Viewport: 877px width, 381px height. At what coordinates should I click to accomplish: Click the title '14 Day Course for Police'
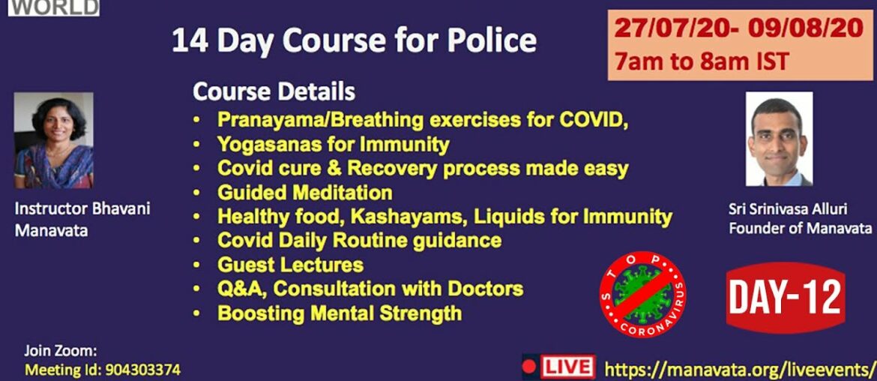click(x=354, y=40)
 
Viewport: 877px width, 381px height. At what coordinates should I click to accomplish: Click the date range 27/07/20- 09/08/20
click(x=739, y=28)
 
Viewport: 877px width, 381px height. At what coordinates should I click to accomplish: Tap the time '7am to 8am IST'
click(x=701, y=61)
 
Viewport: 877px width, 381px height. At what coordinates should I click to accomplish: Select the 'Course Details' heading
click(x=274, y=92)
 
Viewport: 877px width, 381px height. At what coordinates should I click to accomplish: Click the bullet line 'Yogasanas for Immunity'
click(x=333, y=143)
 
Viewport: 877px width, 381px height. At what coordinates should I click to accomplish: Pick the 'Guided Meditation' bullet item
click(x=304, y=193)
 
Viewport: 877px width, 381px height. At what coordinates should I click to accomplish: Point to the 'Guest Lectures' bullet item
click(x=290, y=264)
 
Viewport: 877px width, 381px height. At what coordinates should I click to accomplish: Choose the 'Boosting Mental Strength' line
click(x=339, y=313)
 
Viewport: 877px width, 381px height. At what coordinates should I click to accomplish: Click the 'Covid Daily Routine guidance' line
click(x=359, y=240)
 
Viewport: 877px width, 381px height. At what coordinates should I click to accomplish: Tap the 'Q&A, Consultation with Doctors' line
click(x=370, y=288)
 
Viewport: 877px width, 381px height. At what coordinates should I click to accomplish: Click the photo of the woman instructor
click(x=54, y=140)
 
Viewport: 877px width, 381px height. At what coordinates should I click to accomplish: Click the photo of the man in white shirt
click(x=779, y=139)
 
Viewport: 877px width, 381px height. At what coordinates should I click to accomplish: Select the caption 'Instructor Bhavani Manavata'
click(x=82, y=219)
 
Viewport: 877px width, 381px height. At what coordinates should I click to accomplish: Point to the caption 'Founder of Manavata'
click(x=800, y=228)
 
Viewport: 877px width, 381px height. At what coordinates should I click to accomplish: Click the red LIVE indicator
click(x=558, y=367)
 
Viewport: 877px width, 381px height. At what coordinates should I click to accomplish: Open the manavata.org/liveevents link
click(x=739, y=368)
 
